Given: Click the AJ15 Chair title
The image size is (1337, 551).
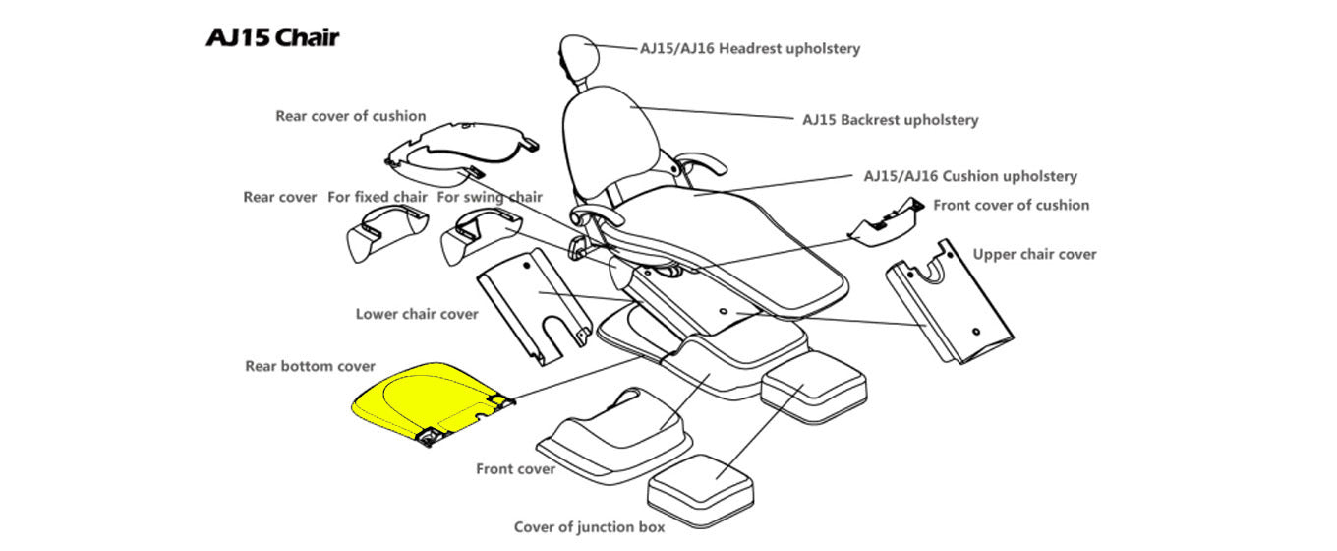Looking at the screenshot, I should [272, 38].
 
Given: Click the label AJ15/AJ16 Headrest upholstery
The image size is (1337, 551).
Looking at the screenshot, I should [750, 48].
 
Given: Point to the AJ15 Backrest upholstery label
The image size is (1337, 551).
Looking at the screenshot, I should [890, 120].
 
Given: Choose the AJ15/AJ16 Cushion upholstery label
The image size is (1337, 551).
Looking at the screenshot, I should [969, 177].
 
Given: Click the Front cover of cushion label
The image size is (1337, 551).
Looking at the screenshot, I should [1011, 205].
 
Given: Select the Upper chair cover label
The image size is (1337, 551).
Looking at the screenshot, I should [1034, 254].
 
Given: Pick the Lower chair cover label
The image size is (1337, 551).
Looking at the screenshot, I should [417, 314].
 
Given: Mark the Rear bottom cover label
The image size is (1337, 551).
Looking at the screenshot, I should [310, 366].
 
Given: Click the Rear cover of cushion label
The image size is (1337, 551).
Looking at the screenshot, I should [351, 116].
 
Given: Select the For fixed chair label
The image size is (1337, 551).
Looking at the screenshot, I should [378, 197].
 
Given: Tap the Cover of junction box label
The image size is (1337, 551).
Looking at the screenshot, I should [589, 526].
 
